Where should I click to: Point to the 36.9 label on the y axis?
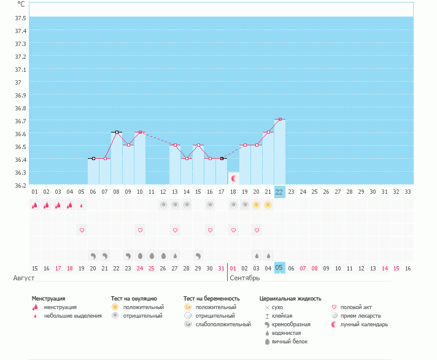[20, 95]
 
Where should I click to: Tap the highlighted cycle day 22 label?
[279, 192]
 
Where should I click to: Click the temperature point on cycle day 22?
[279, 119]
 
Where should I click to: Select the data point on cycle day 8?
[117, 132]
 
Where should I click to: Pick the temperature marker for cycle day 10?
[140, 132]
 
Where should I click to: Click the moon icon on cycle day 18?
[233, 178]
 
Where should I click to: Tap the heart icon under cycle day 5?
[82, 230]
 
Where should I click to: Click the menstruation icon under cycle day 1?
[35, 205]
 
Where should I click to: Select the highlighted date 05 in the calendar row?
[279, 268]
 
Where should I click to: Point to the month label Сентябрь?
[244, 278]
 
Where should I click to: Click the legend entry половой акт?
[357, 307]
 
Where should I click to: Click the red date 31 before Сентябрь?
[221, 268]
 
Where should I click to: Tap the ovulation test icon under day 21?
[268, 205]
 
